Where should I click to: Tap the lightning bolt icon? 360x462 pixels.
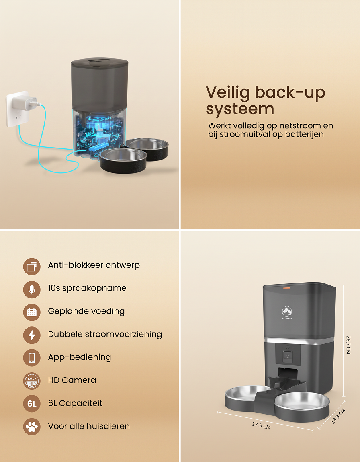[x=32, y=335]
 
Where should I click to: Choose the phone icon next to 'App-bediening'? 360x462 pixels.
[x=32, y=358]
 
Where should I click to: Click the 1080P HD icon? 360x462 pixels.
[x=32, y=381]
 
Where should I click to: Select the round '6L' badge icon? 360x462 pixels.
[x=32, y=404]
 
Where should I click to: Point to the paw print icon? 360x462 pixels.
[x=32, y=427]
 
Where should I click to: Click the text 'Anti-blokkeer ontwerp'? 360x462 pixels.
[x=94, y=265]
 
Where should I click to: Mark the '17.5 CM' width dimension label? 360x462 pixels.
[x=261, y=425]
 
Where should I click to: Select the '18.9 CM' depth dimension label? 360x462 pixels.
[x=338, y=416]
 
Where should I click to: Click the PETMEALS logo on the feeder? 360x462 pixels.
[x=286, y=312]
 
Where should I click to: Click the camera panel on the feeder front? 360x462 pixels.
[x=287, y=355]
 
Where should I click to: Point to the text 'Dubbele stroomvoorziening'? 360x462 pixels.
[x=105, y=334]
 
